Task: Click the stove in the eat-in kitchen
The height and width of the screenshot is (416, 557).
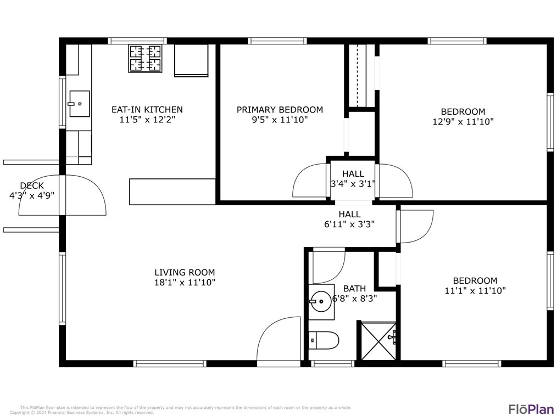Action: click(146, 58)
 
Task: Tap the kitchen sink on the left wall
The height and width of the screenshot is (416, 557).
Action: click(78, 103)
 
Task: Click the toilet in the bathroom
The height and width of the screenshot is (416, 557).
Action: click(323, 340)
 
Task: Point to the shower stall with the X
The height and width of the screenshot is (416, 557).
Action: click(377, 341)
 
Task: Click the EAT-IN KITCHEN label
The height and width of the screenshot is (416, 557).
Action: click(147, 110)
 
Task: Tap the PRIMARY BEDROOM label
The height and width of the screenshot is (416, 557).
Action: click(280, 110)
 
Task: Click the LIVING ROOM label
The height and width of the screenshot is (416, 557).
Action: click(185, 272)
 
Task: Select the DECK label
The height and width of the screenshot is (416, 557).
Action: click(32, 185)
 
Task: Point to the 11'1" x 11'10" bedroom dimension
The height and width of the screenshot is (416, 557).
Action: click(475, 291)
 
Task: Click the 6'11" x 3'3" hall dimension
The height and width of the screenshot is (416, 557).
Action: click(349, 224)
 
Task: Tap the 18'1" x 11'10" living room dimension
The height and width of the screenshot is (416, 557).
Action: click(185, 283)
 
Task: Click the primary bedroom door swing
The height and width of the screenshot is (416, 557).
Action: click(310, 181)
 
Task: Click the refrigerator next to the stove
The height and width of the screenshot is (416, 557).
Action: click(191, 60)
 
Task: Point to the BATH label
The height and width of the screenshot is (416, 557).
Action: click(354, 289)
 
